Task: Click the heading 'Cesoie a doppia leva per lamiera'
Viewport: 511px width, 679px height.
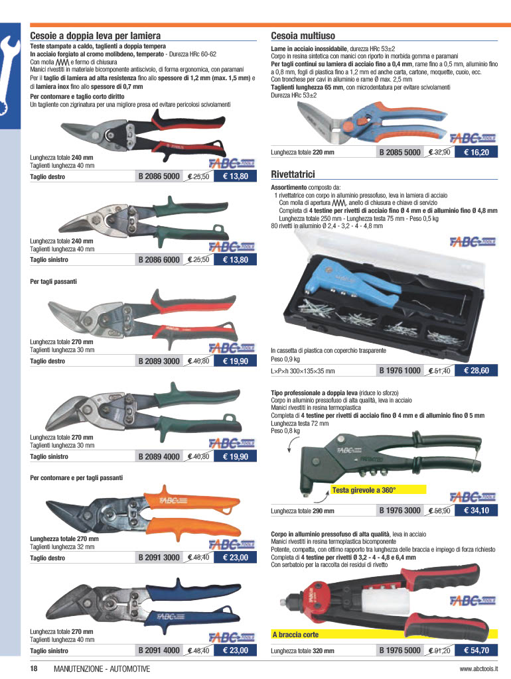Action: tap(96, 36)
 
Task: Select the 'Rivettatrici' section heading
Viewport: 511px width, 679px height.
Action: tap(293, 174)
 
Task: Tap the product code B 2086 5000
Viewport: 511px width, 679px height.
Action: tap(159, 176)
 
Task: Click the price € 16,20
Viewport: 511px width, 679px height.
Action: tap(476, 152)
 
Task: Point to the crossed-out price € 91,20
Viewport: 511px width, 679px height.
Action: tap(439, 650)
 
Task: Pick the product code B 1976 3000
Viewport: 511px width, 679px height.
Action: tap(400, 511)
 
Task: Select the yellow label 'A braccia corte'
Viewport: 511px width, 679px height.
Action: tap(295, 635)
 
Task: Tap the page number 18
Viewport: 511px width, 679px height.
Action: tap(34, 668)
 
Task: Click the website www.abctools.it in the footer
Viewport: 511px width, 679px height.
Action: tap(478, 668)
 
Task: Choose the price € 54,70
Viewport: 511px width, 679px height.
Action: tap(476, 650)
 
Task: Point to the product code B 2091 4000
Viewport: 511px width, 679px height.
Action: tap(159, 650)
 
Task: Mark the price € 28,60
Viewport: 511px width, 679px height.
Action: tap(476, 371)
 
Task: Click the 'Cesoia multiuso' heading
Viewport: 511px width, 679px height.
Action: tap(303, 36)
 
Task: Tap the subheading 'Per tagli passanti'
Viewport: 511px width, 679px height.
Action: tap(53, 281)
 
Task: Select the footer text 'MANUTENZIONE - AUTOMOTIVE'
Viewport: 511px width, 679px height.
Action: tap(102, 668)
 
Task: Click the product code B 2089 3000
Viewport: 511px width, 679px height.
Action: tap(159, 361)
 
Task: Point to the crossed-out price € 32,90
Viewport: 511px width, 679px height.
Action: tap(439, 152)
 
